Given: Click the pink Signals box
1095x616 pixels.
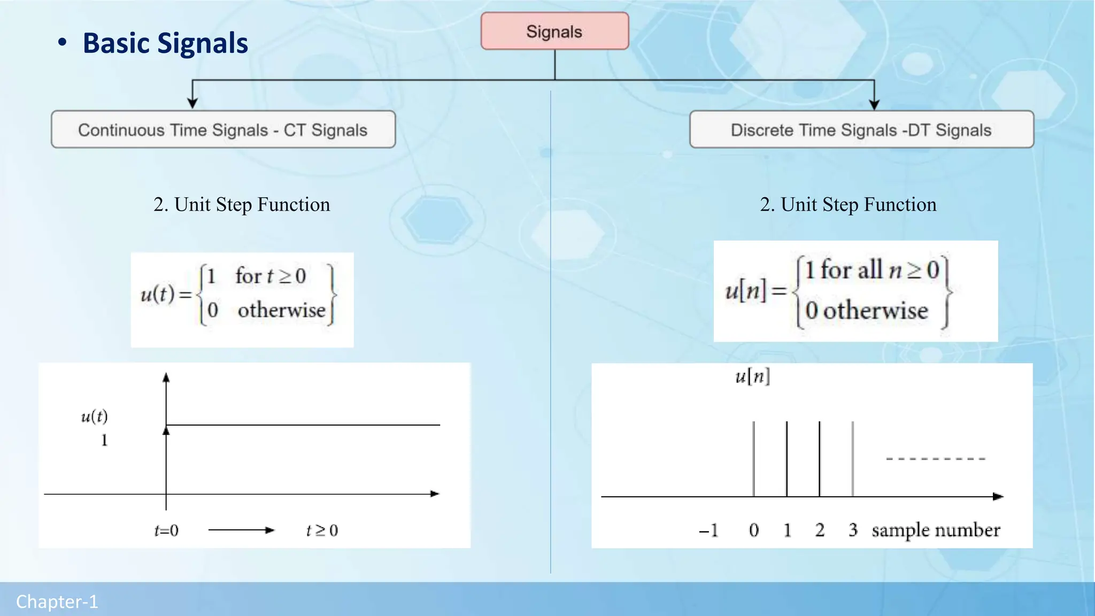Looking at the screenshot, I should (x=554, y=32).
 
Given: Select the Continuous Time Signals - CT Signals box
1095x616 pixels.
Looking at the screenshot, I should (x=223, y=130).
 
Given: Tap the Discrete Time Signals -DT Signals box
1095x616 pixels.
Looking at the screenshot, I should (x=861, y=130).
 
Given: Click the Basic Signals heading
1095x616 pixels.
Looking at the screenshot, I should (x=165, y=43).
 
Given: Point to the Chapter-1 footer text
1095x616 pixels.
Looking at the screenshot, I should (x=57, y=602).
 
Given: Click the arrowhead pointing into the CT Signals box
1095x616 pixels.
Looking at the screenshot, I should (x=192, y=103).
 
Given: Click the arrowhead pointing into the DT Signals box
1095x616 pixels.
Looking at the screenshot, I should (x=874, y=104).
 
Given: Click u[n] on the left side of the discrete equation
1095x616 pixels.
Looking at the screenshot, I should (x=746, y=291).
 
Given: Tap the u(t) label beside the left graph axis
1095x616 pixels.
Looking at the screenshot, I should (x=94, y=417).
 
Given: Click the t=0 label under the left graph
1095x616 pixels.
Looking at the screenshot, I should (x=166, y=530).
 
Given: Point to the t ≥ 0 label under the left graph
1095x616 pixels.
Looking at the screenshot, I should (x=322, y=530).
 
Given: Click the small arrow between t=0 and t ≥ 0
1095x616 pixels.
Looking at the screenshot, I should (x=241, y=530).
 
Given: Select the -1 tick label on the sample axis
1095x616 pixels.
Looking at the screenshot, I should (x=708, y=530).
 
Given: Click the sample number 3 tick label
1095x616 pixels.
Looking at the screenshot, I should (x=853, y=530).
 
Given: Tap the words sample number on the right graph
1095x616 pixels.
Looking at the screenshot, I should (x=936, y=530).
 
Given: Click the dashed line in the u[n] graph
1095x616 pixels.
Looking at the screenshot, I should (x=935, y=459).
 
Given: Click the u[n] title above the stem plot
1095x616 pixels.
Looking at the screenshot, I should (x=752, y=377).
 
